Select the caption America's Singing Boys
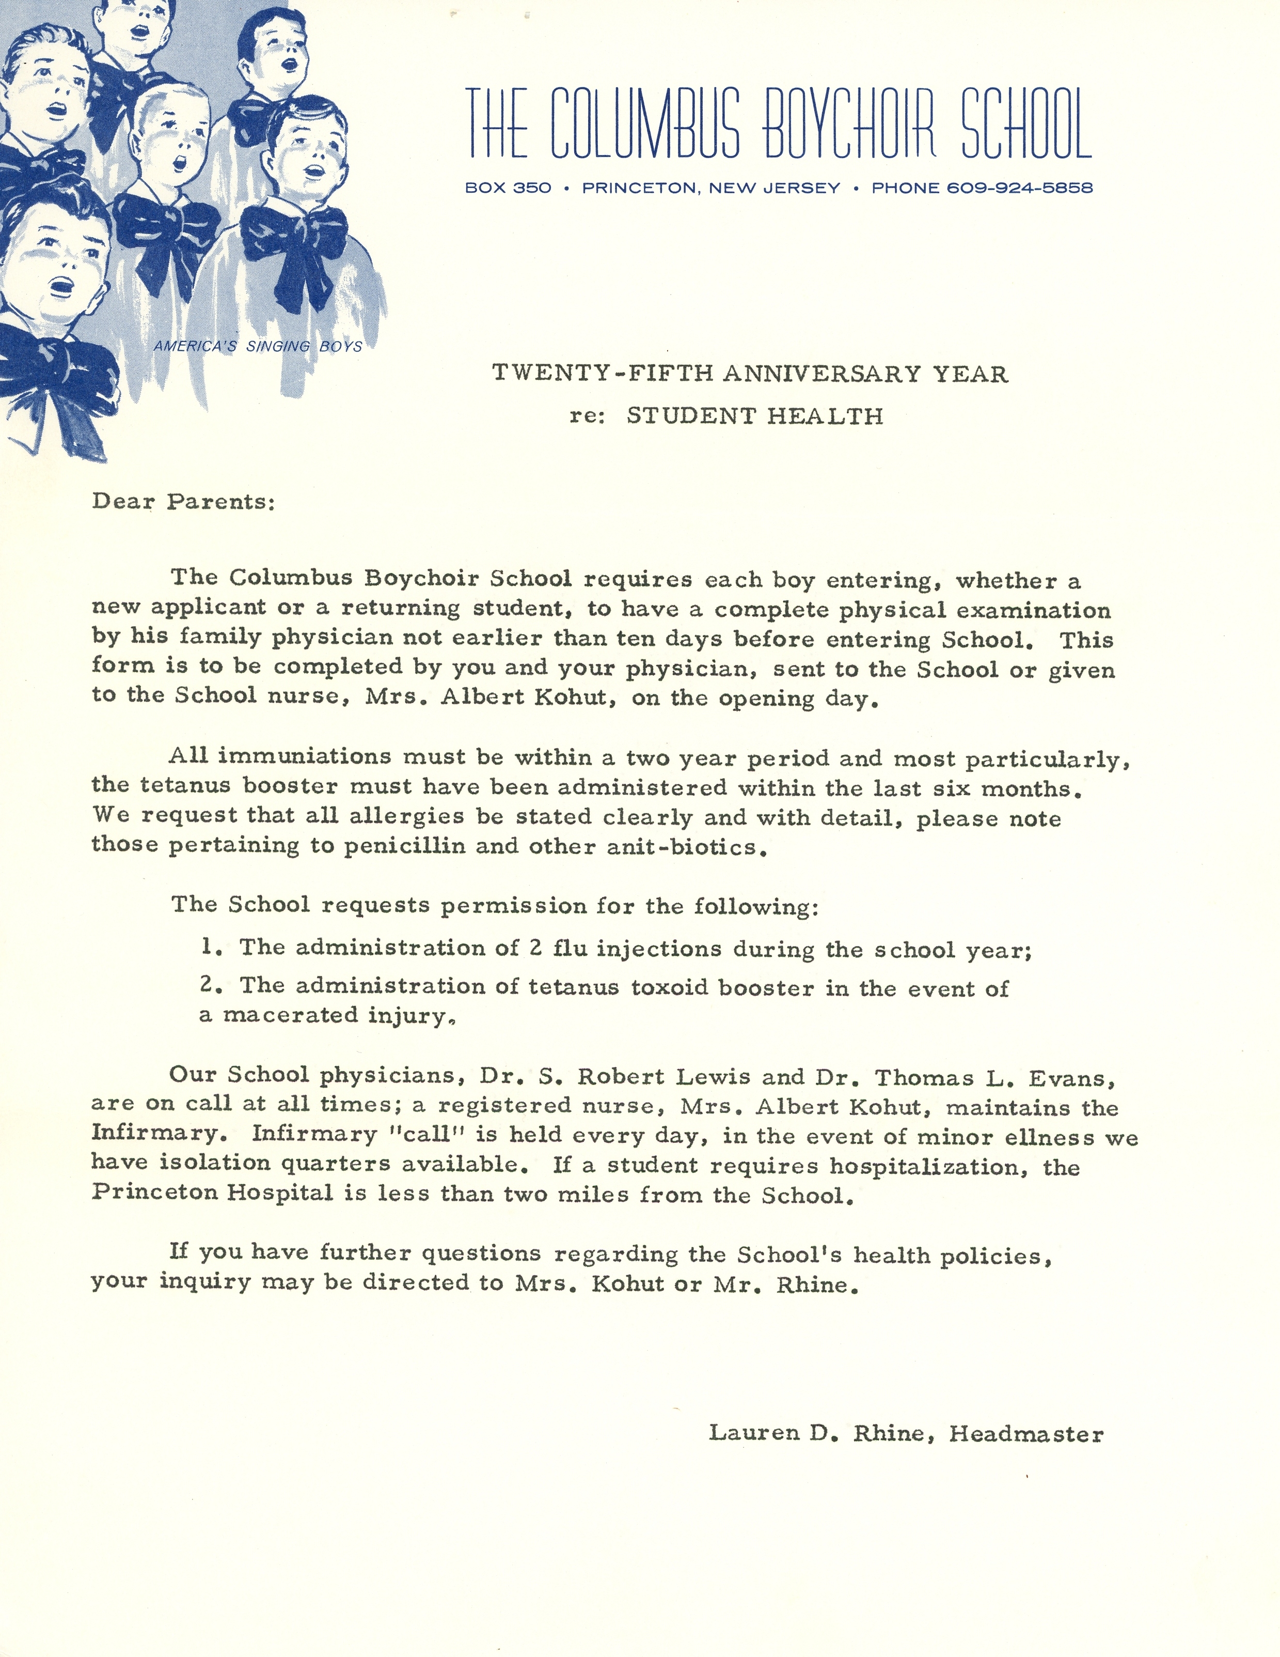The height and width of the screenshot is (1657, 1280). click(x=258, y=347)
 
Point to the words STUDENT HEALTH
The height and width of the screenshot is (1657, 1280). click(x=754, y=416)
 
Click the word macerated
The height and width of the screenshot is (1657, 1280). click(x=290, y=1015)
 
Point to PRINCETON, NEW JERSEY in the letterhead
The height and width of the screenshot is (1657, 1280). click(x=710, y=188)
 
